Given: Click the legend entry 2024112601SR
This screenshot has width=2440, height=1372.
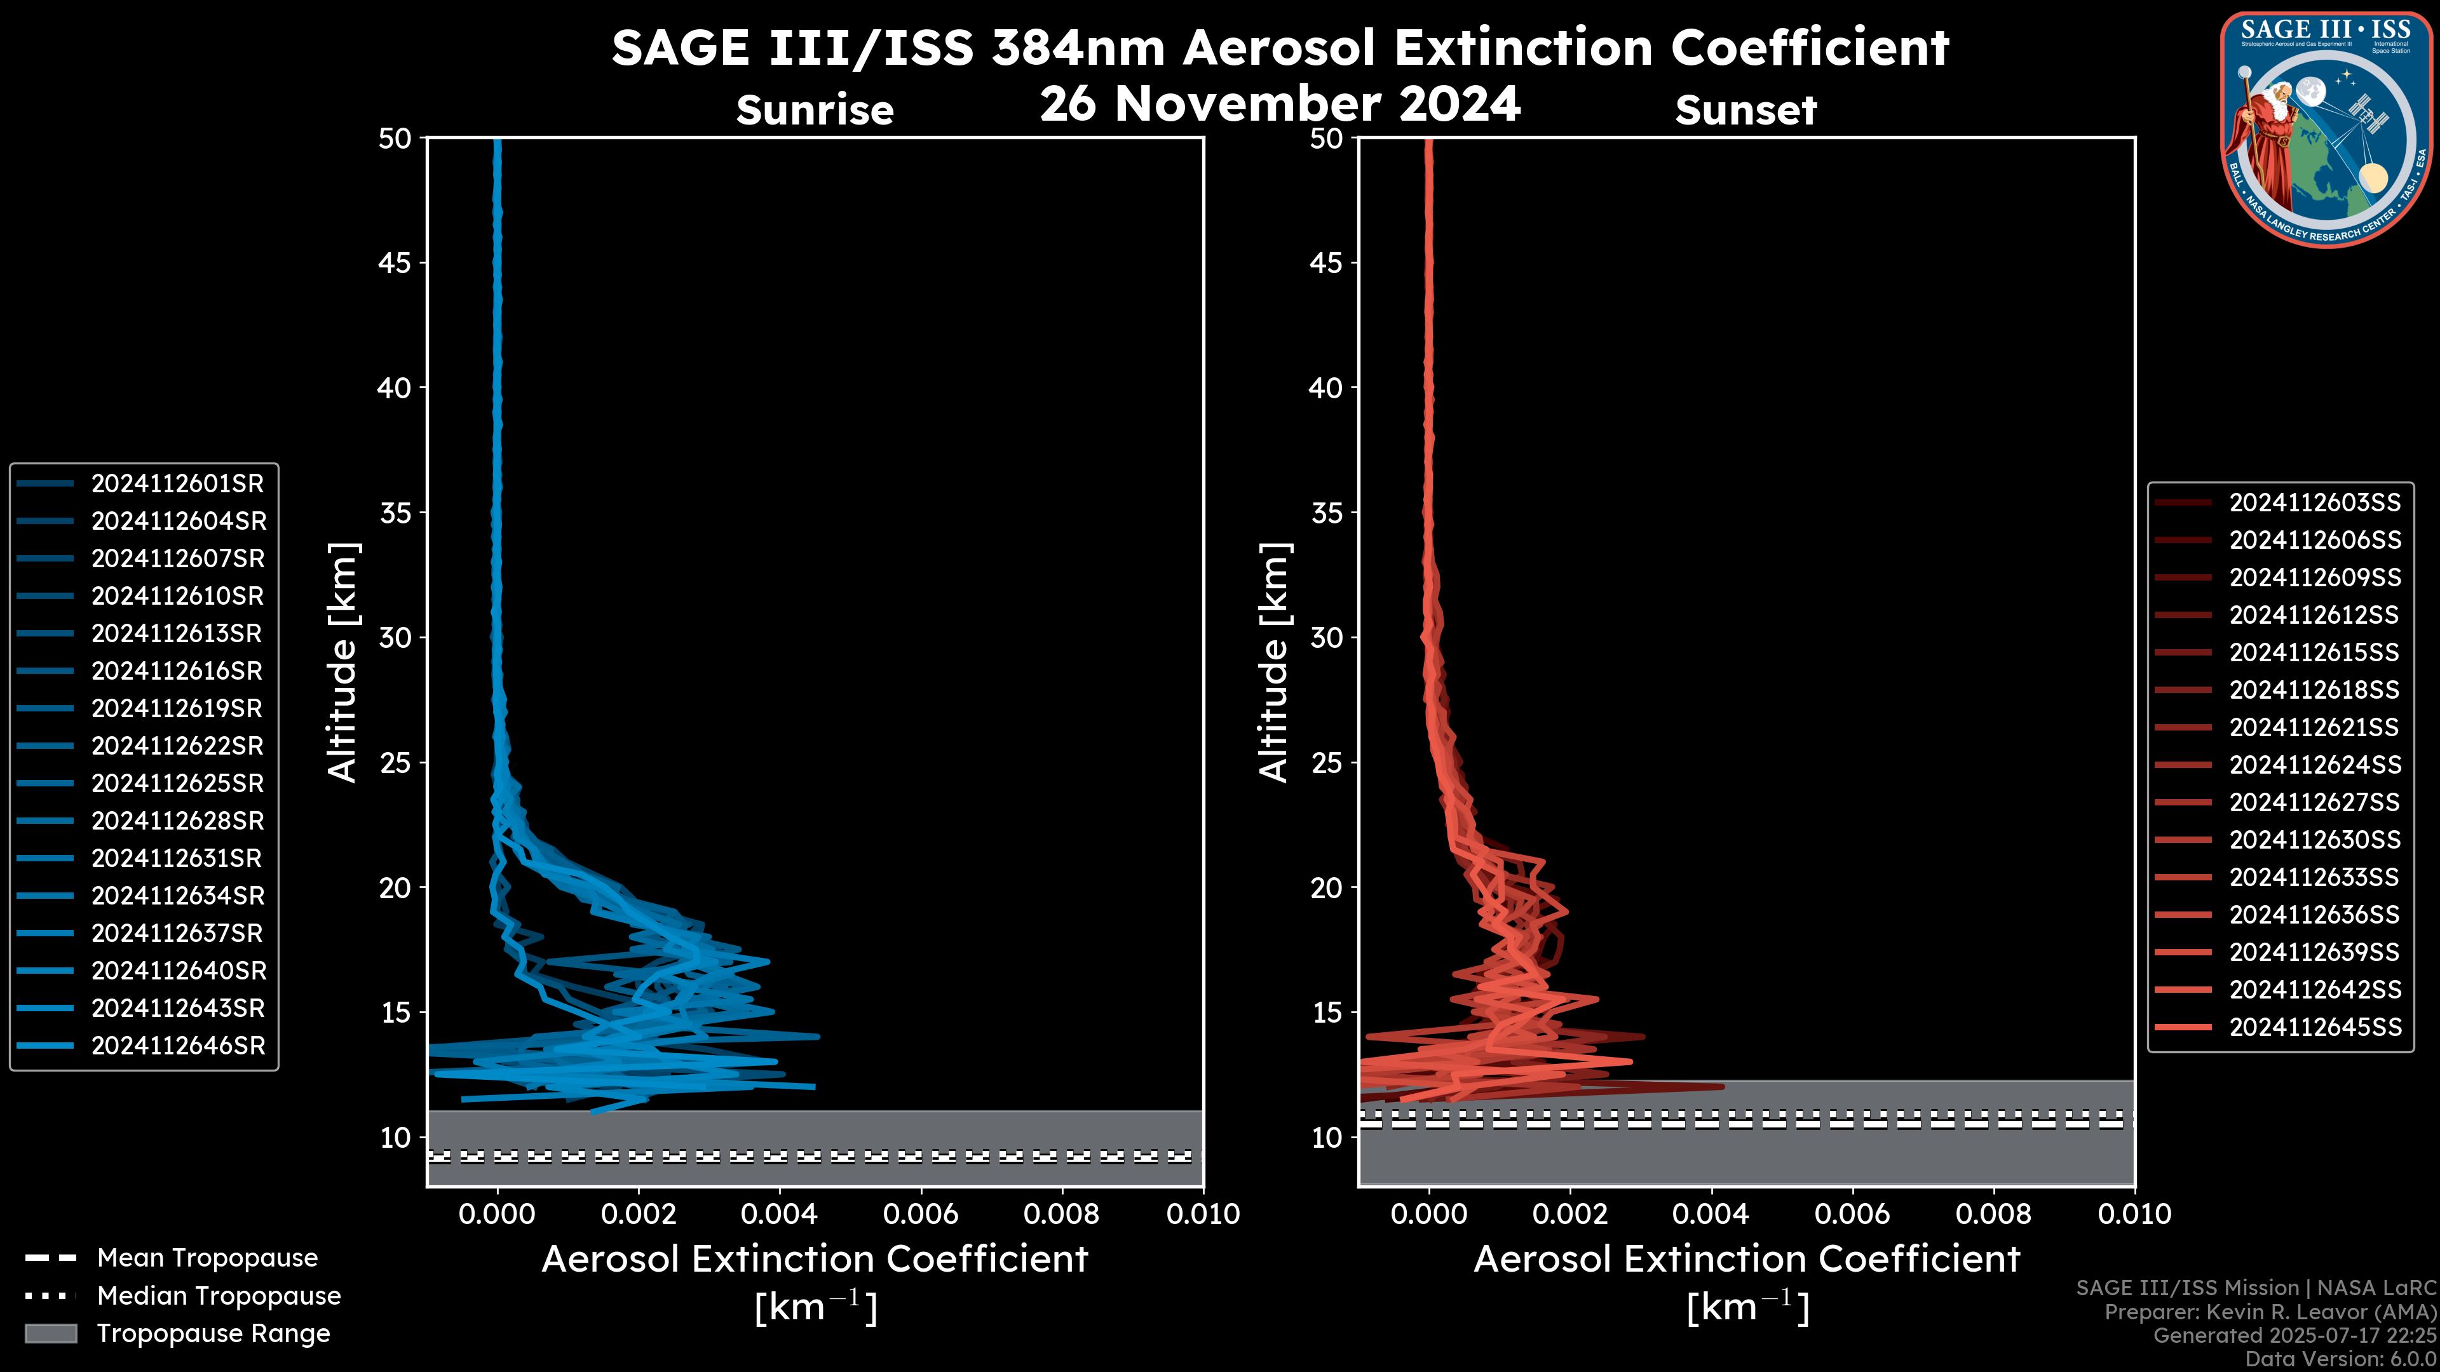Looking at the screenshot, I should point(177,484).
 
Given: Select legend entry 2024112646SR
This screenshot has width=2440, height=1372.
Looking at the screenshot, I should point(177,1046).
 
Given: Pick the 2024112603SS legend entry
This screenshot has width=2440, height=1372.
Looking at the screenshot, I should point(2314,503).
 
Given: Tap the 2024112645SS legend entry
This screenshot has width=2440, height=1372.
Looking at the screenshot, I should point(2314,1027).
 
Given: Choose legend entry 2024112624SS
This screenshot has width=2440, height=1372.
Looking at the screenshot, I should point(2314,765).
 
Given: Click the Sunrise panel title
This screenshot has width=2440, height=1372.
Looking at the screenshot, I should point(815,111).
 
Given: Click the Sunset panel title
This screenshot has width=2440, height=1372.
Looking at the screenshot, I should point(1745,111).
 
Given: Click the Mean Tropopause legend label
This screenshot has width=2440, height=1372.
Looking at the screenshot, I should point(207,1258).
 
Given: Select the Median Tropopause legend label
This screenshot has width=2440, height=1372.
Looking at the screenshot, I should point(219,1296).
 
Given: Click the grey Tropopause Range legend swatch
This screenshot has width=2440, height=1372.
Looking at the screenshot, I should point(51,1334).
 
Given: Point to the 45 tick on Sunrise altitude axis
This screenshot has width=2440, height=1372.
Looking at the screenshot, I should point(395,263).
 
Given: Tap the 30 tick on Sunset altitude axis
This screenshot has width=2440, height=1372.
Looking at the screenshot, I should point(1326,638).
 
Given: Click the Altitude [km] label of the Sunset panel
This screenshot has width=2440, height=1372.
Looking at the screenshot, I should point(1274,662).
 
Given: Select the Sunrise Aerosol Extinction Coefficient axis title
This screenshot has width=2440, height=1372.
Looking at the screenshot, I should point(815,1260).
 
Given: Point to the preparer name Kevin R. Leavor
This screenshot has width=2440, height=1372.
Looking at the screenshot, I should point(2318,1312).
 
